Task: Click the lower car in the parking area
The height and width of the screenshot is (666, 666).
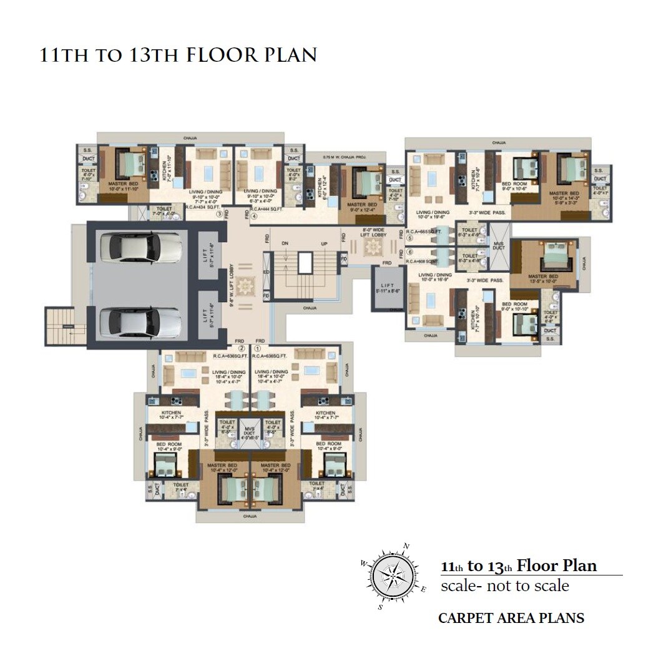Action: point(138,321)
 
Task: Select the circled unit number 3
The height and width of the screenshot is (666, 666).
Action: point(219,214)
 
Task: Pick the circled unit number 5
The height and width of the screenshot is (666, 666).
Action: point(409,238)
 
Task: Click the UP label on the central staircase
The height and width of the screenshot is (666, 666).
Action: point(324,243)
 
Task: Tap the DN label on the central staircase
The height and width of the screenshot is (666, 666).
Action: point(285,243)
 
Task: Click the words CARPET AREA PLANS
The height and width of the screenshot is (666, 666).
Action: point(511,618)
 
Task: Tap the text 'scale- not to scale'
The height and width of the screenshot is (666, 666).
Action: point(504,586)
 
